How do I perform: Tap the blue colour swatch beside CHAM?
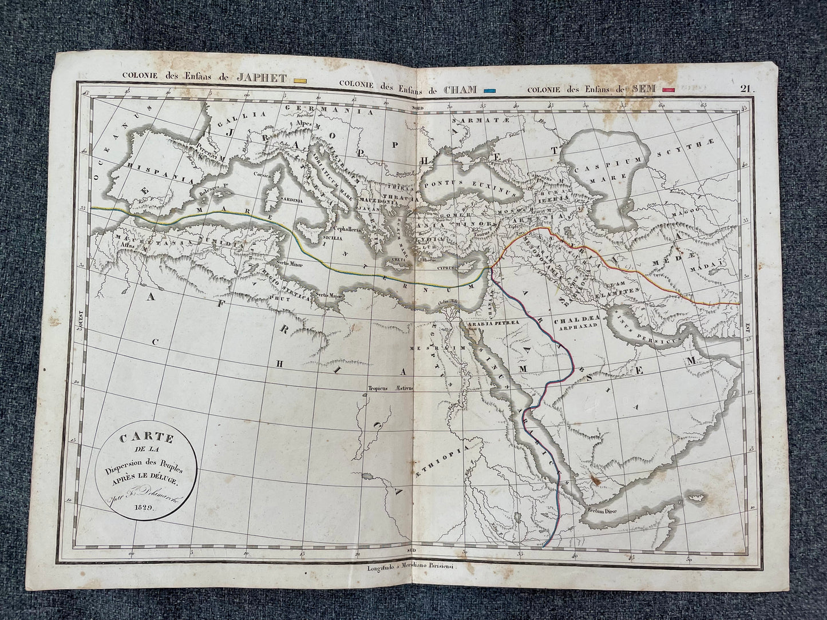489,90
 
